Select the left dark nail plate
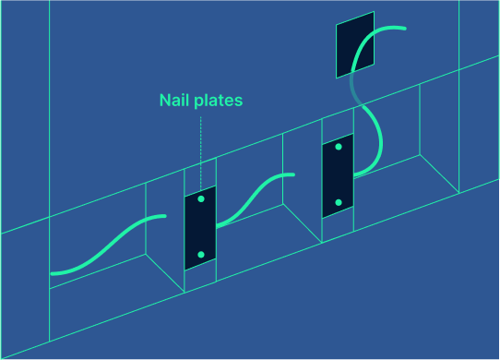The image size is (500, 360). [x=200, y=227]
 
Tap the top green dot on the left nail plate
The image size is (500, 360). [x=201, y=199]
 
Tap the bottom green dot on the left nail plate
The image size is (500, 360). [x=200, y=254]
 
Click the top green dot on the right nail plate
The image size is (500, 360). [x=339, y=147]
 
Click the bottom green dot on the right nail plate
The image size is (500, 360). [x=338, y=202]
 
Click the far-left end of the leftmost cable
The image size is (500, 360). [x=54, y=273]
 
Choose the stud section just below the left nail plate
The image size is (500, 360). [x=200, y=276]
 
